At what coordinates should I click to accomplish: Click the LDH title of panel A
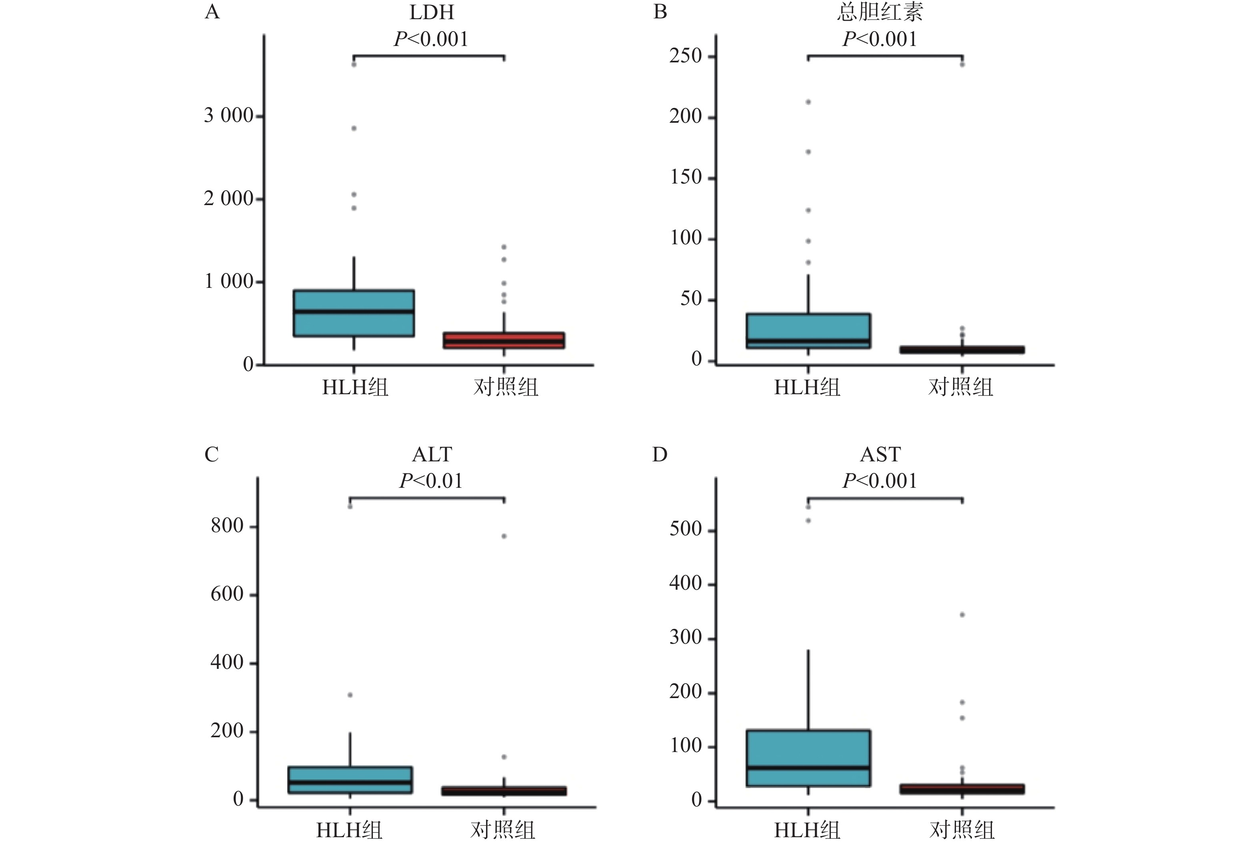pyautogui.click(x=431, y=12)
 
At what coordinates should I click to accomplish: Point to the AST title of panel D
pyautogui.click(x=880, y=455)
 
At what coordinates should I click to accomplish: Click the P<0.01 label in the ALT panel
pyautogui.click(x=431, y=481)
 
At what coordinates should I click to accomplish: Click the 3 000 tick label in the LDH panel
pyautogui.click(x=228, y=115)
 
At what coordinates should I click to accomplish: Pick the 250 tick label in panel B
pyautogui.click(x=686, y=56)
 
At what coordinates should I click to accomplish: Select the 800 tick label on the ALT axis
pyautogui.click(x=227, y=525)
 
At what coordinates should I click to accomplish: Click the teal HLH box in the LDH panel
pyautogui.click(x=354, y=313)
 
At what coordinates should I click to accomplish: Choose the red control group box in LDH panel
pyautogui.click(x=504, y=340)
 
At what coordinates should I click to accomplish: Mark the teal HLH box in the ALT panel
pyautogui.click(x=350, y=779)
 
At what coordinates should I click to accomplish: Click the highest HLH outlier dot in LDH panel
pyautogui.click(x=354, y=65)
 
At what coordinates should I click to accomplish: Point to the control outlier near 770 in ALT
pyautogui.click(x=504, y=536)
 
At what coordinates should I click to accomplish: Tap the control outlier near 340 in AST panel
pyautogui.click(x=962, y=615)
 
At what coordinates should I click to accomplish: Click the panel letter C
pyautogui.click(x=212, y=455)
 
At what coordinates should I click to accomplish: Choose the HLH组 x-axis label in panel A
pyautogui.click(x=355, y=387)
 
